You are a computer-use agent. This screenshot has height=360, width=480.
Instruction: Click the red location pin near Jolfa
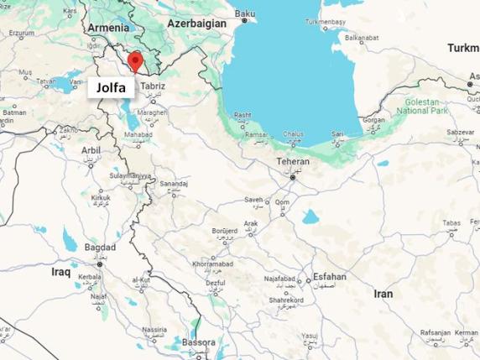[x=134, y=61]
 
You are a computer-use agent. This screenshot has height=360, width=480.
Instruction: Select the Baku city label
[x=245, y=14]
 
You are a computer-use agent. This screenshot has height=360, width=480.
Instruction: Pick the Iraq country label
[x=60, y=273]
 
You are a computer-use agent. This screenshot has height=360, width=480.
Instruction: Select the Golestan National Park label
[x=435, y=106]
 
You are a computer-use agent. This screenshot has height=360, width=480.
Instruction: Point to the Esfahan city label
[x=328, y=276]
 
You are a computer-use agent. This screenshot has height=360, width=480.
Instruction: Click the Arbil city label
[x=91, y=150]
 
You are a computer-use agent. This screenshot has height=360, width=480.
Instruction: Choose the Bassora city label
[x=198, y=342]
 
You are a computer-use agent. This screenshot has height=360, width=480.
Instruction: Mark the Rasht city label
[x=243, y=115]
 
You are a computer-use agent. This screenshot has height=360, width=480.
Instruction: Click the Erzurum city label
[x=23, y=34]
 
